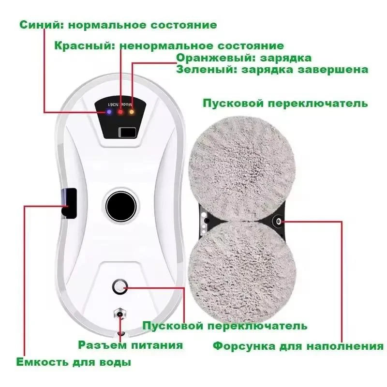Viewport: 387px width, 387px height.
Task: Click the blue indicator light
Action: point(109,112)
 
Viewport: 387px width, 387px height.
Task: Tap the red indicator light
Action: point(120,112)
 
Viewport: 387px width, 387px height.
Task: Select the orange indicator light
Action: point(131,112)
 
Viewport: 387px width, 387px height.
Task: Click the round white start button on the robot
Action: point(120,287)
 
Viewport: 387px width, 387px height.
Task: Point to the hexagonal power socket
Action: point(119,314)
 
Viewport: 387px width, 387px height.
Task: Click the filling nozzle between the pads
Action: point(279,221)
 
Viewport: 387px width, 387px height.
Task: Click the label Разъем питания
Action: point(131,345)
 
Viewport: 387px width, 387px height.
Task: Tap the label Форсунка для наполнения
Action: point(298,346)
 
